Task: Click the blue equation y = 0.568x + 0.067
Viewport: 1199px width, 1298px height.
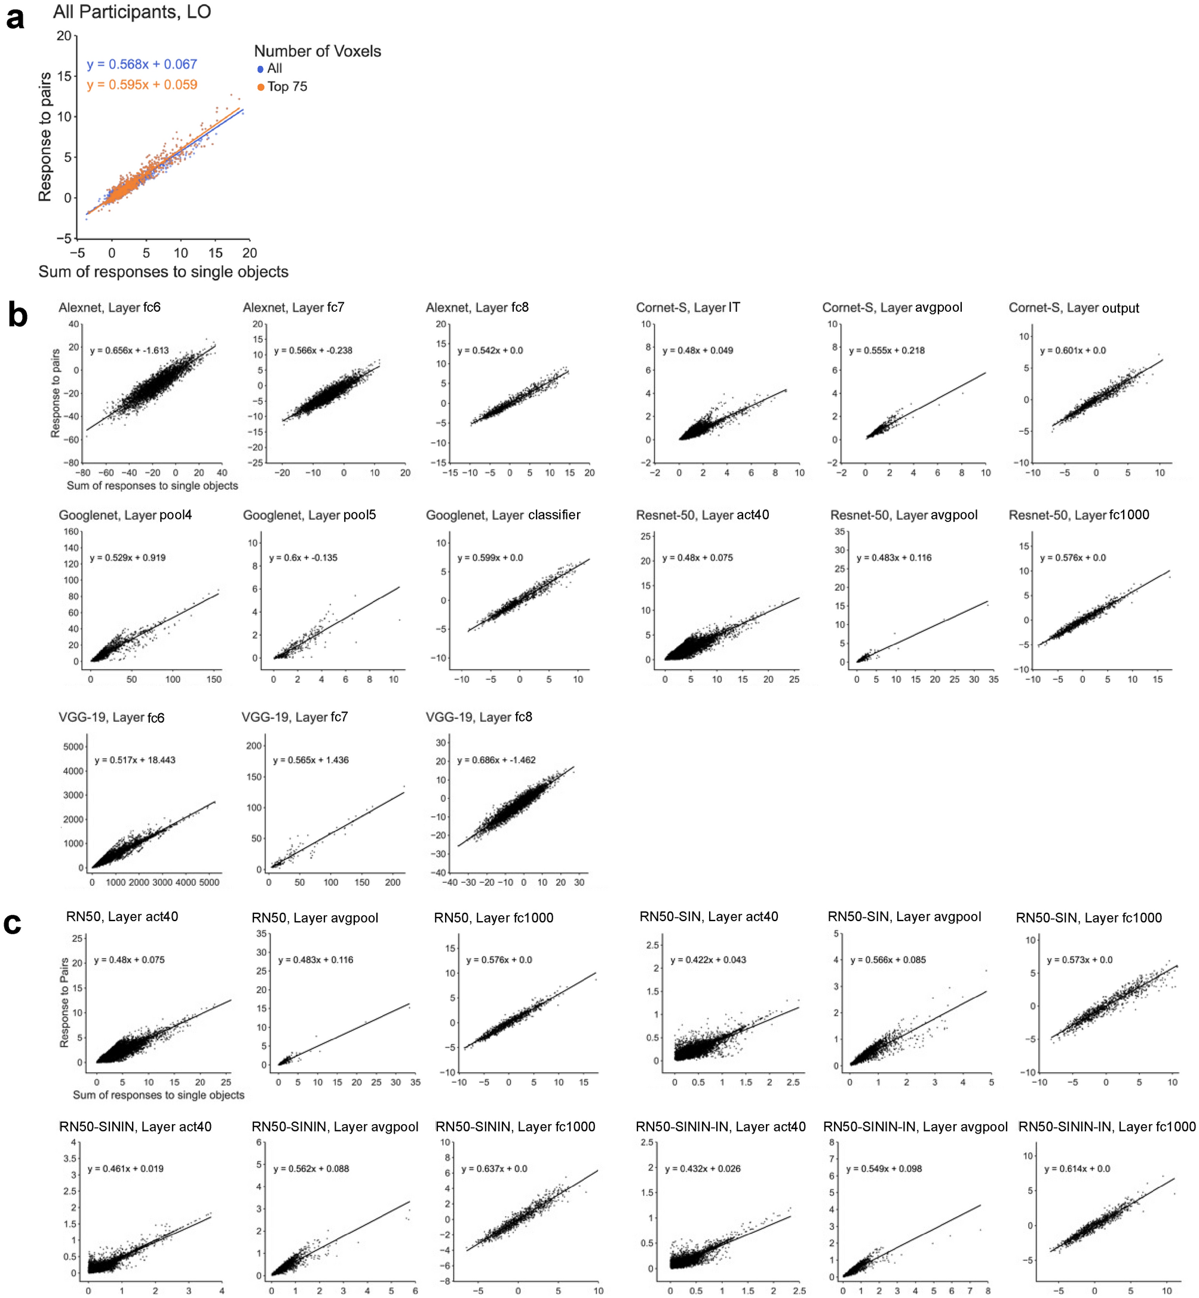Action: click(x=142, y=65)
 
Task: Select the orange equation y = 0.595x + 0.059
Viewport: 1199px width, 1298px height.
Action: click(x=142, y=85)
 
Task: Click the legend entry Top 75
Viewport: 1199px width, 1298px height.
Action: click(x=287, y=87)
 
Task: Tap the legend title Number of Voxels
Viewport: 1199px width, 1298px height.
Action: click(x=317, y=51)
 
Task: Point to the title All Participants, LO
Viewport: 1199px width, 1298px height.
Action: click(x=131, y=12)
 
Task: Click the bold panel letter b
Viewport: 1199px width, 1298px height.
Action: click(x=17, y=316)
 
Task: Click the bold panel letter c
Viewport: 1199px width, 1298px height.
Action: click(x=13, y=923)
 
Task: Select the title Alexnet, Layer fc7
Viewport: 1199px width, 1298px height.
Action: click(x=293, y=308)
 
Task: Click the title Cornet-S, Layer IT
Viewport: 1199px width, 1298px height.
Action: click(x=688, y=308)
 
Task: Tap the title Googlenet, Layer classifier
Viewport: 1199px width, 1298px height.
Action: click(x=503, y=515)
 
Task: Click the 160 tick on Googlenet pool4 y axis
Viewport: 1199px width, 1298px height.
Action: click(x=71, y=532)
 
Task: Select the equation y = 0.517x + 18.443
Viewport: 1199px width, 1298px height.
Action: click(x=135, y=760)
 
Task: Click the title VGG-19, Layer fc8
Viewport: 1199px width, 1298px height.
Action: click(x=479, y=717)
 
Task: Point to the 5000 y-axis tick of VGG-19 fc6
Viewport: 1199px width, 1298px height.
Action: click(x=73, y=747)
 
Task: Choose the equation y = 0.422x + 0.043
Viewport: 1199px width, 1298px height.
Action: click(x=708, y=960)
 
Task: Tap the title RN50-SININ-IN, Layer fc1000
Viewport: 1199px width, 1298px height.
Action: click(x=1106, y=1127)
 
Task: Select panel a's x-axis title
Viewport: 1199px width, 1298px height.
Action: click(x=164, y=272)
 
